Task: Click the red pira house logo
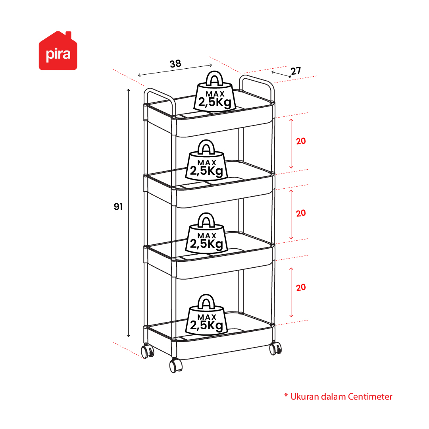point(58,51)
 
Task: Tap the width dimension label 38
point(175,64)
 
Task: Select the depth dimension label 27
point(296,71)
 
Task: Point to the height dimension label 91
point(118,207)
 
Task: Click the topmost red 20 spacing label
point(301,141)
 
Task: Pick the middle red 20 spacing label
point(301,213)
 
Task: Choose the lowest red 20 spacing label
point(301,288)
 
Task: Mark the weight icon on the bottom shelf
point(207,315)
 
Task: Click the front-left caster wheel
point(148,351)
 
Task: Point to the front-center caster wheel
point(176,365)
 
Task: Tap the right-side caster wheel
point(275,348)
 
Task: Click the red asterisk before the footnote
point(286,395)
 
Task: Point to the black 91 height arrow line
point(128,213)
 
